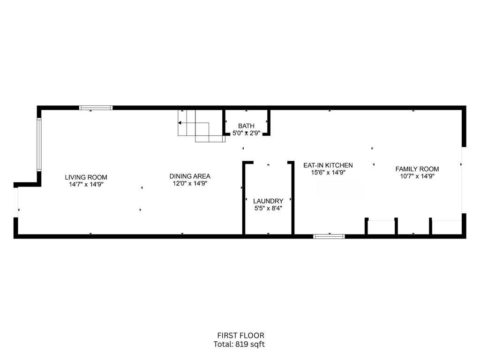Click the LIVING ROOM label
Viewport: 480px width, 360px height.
[x=86, y=177]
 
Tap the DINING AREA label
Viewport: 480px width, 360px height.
[x=190, y=176]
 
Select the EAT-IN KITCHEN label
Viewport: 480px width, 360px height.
[x=328, y=165]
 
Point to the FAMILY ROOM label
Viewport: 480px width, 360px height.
[x=417, y=169]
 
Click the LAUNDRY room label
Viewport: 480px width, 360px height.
[x=268, y=201]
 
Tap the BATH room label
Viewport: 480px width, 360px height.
[x=246, y=126]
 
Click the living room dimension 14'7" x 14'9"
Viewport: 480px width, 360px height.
[x=86, y=184]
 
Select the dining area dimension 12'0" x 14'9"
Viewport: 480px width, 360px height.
[x=190, y=183]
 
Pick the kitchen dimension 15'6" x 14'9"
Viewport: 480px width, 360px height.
[x=328, y=172]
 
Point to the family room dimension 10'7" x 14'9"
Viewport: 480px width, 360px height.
[x=417, y=176]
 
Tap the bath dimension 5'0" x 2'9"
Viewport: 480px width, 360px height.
[x=246, y=133]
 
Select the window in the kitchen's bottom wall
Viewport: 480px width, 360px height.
[x=329, y=236]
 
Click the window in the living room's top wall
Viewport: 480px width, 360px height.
[x=96, y=108]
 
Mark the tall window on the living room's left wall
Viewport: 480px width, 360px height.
[x=39, y=144]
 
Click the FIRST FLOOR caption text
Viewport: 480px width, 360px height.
[x=240, y=335]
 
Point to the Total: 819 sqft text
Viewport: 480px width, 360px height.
[x=240, y=344]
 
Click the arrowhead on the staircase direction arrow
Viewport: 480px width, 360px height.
[x=180, y=123]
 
